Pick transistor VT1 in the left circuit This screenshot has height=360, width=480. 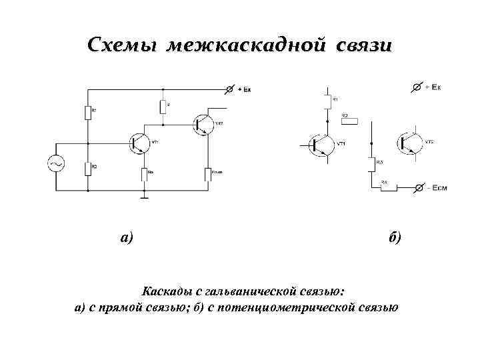[x=140, y=143]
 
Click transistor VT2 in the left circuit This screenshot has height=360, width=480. [x=203, y=123]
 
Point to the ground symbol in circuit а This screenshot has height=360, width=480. [x=144, y=196]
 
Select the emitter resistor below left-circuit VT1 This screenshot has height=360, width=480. [x=144, y=175]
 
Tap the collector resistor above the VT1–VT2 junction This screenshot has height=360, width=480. [x=162, y=107]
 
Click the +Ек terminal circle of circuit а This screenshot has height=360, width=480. [x=231, y=89]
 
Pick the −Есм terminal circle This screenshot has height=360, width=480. [x=417, y=189]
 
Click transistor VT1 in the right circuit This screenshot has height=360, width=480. [x=321, y=144]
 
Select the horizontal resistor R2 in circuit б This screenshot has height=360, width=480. [x=349, y=121]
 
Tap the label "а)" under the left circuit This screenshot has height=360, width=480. [x=127, y=237]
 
